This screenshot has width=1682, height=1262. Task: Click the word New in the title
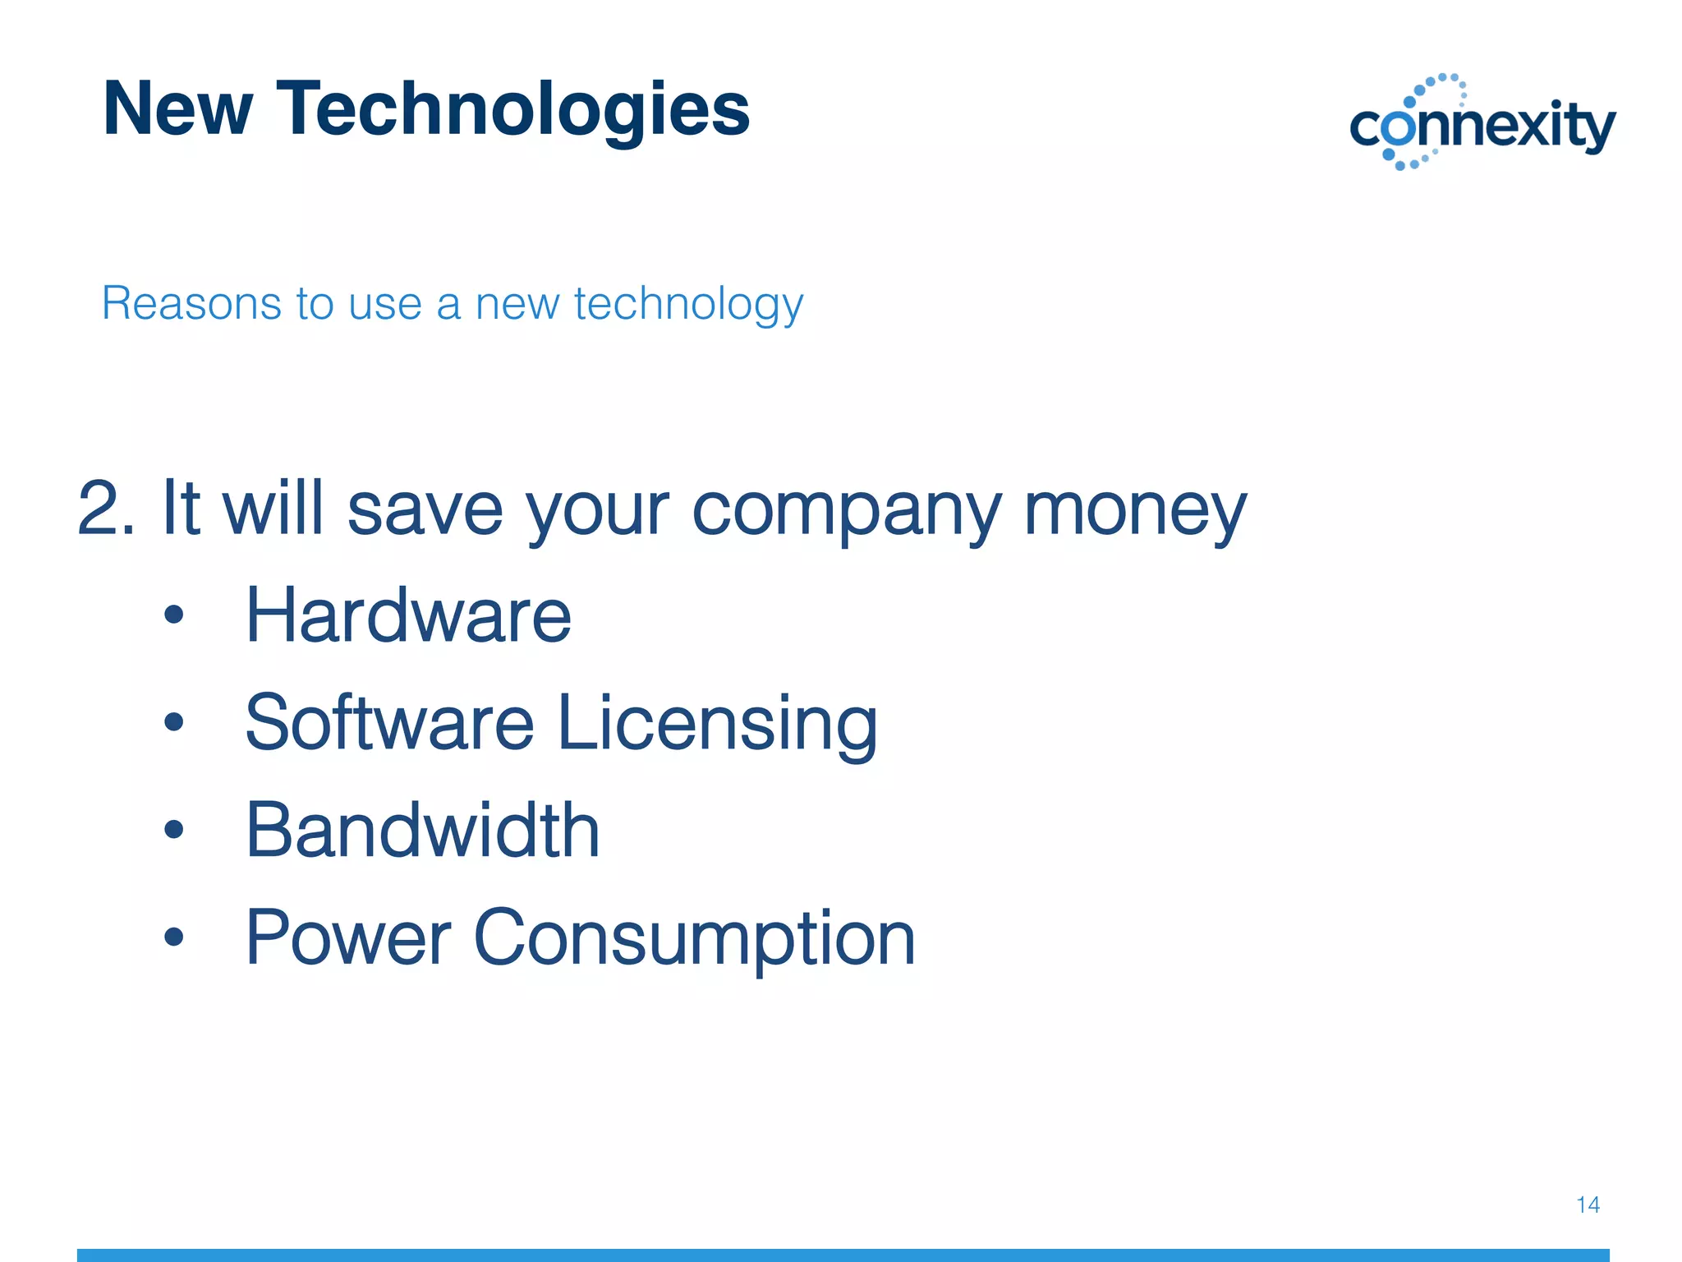[177, 109]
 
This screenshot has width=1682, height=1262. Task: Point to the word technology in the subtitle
[688, 305]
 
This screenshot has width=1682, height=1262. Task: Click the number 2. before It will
[106, 509]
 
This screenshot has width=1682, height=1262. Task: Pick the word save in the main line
[425, 509]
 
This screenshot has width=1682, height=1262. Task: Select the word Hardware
[408, 616]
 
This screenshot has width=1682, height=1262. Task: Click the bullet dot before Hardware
[173, 615]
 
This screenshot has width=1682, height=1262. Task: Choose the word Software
[389, 723]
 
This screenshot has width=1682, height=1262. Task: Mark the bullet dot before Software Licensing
[173, 722]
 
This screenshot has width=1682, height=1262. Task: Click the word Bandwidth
[422, 831]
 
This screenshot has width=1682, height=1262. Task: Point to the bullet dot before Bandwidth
[173, 829]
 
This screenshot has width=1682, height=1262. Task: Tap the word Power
[348, 938]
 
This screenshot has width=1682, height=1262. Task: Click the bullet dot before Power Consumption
[173, 936]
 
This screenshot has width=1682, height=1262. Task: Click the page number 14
[1588, 1204]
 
